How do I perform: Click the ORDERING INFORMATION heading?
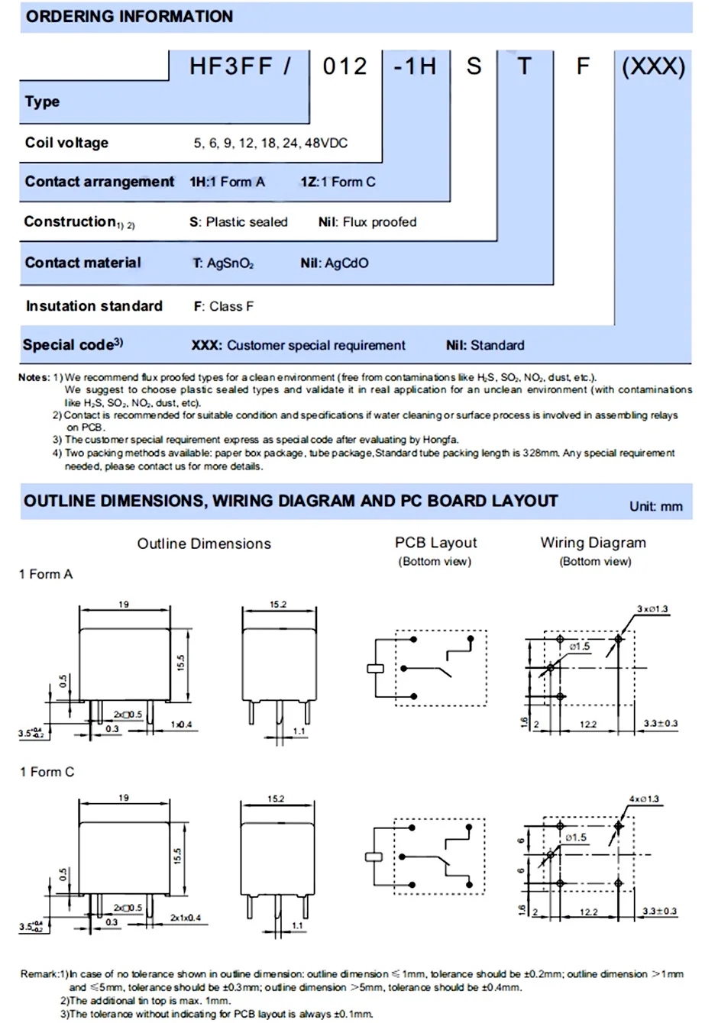click(129, 16)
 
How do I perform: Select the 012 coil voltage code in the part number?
click(344, 66)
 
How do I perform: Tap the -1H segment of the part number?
click(415, 66)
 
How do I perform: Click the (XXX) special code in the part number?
click(653, 66)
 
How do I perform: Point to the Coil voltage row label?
click(66, 143)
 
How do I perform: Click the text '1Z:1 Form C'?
click(338, 182)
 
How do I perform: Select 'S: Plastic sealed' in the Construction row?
click(238, 222)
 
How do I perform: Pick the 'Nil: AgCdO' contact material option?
click(334, 263)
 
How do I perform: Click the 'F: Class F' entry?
click(223, 306)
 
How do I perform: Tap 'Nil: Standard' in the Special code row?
click(485, 345)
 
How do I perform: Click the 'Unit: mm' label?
click(655, 506)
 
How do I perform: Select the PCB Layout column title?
click(435, 543)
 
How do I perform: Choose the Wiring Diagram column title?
click(593, 543)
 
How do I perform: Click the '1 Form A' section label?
click(46, 574)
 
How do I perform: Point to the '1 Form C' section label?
click(47, 772)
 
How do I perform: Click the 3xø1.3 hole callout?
click(652, 609)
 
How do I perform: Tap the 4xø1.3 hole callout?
click(644, 799)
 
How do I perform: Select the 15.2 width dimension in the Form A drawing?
click(278, 605)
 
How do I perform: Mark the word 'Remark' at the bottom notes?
click(39, 974)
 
